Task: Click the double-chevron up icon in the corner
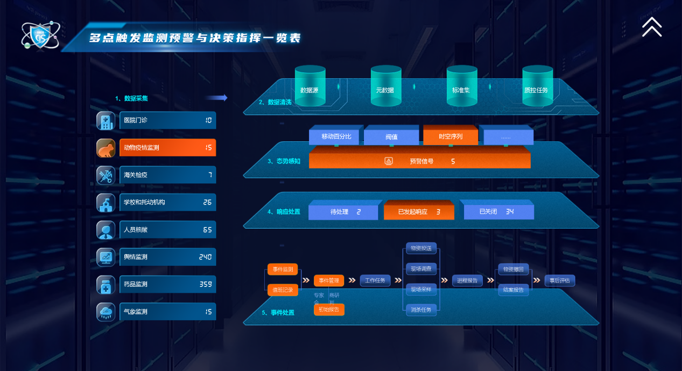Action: tap(651, 26)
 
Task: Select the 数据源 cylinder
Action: tap(310, 86)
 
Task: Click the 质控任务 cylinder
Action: tap(537, 86)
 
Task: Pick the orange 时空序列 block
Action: tap(451, 136)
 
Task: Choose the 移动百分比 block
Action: tap(336, 136)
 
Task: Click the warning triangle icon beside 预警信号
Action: tap(389, 161)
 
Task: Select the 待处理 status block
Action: tap(343, 212)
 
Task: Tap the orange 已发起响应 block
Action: tap(419, 212)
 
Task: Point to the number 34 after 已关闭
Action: tap(510, 212)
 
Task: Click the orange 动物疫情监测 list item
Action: tap(167, 147)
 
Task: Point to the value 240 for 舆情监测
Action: tap(205, 257)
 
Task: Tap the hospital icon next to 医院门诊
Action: tap(106, 120)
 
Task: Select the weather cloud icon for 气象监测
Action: tap(106, 312)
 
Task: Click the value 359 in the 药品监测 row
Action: tap(205, 284)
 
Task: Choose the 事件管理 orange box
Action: tap(329, 280)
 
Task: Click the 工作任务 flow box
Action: tap(375, 280)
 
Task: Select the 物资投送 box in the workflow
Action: tap(421, 248)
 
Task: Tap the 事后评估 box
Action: tap(560, 280)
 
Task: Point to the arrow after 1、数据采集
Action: tap(216, 98)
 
